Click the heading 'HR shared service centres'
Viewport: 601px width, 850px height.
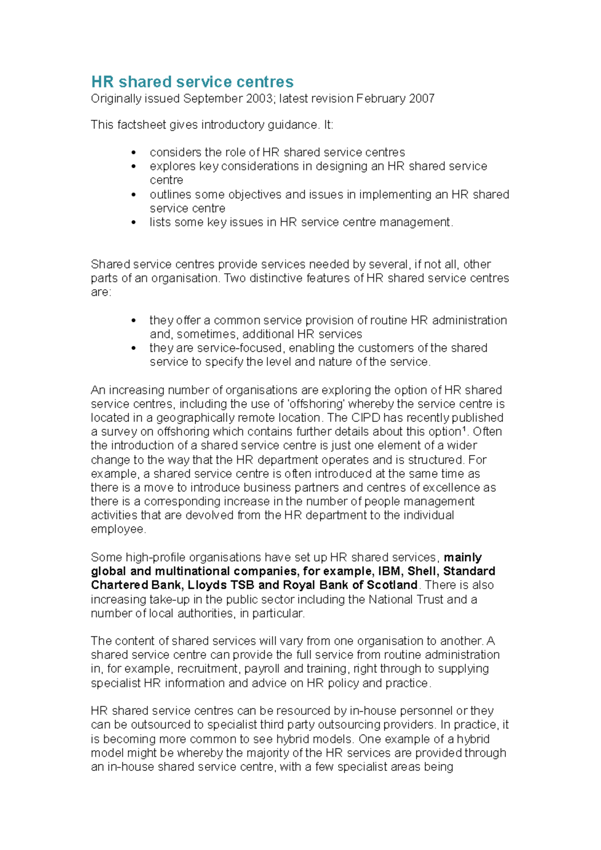tap(192, 82)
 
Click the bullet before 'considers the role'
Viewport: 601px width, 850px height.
tap(133, 153)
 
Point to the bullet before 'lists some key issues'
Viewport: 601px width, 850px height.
tap(133, 223)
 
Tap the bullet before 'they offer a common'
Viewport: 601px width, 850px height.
tap(133, 321)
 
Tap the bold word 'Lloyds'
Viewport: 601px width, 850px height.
tap(207, 585)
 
